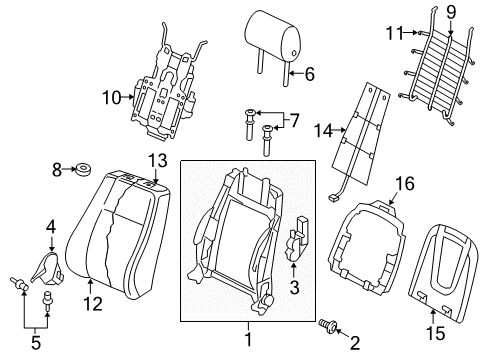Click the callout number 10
coord(112,98)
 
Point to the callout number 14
coord(324,131)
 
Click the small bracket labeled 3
coord(295,238)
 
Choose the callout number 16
coord(405,184)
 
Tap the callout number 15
coord(435,333)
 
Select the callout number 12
coord(93,304)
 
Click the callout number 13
coord(158,161)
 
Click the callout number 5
coord(36,342)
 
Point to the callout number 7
coord(294,121)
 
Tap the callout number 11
coord(395,33)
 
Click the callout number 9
coord(451,13)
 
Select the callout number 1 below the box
coord(248,339)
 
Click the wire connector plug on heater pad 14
coord(332,197)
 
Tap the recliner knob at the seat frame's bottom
coord(267,299)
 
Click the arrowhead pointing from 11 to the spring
coord(415,32)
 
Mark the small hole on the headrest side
coord(294,53)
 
